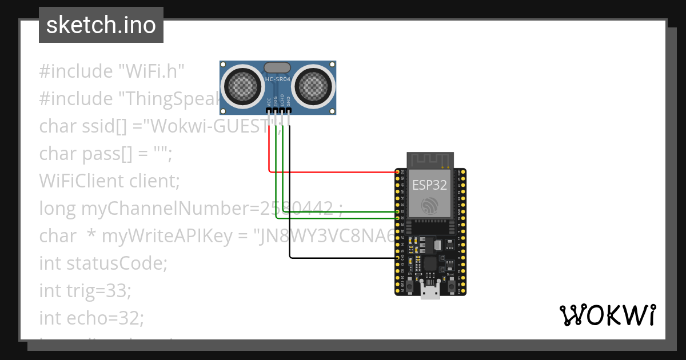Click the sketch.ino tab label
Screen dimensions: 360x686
[x=101, y=25]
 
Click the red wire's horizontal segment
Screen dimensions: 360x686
[x=332, y=171]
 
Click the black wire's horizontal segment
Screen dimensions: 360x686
[x=343, y=258]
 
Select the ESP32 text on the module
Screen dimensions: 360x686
[x=430, y=184]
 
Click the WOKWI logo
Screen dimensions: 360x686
[x=608, y=315]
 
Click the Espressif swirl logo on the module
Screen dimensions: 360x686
[x=430, y=206]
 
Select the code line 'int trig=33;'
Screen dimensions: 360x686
[x=85, y=290]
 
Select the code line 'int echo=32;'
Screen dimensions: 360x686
[x=91, y=318]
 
